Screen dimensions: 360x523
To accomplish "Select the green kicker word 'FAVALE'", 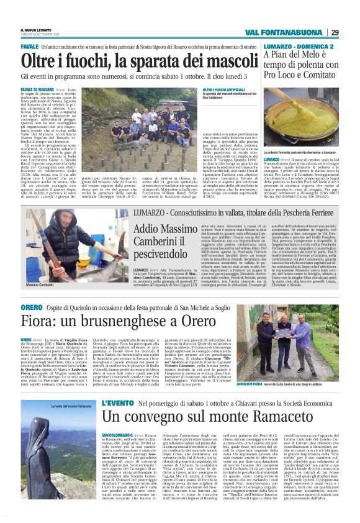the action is pyautogui.click(x=30, y=47).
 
